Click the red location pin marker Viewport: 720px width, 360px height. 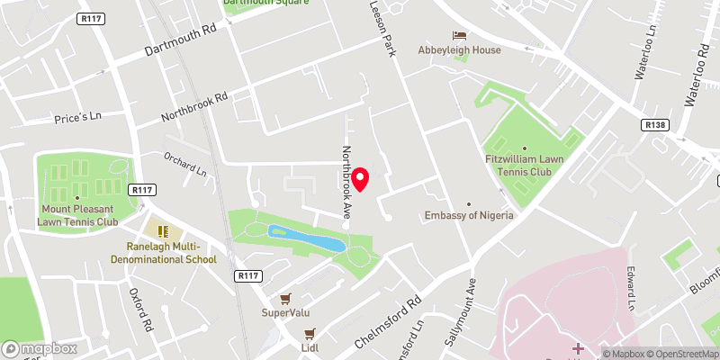361,179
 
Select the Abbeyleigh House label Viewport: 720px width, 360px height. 459,50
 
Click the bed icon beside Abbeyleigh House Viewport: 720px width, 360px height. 460,35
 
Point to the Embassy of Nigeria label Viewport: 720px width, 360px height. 469,215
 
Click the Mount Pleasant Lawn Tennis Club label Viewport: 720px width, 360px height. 77,215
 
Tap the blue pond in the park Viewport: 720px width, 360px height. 307,238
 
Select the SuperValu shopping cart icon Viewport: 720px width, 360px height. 285,298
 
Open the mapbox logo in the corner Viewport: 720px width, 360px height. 40,348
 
